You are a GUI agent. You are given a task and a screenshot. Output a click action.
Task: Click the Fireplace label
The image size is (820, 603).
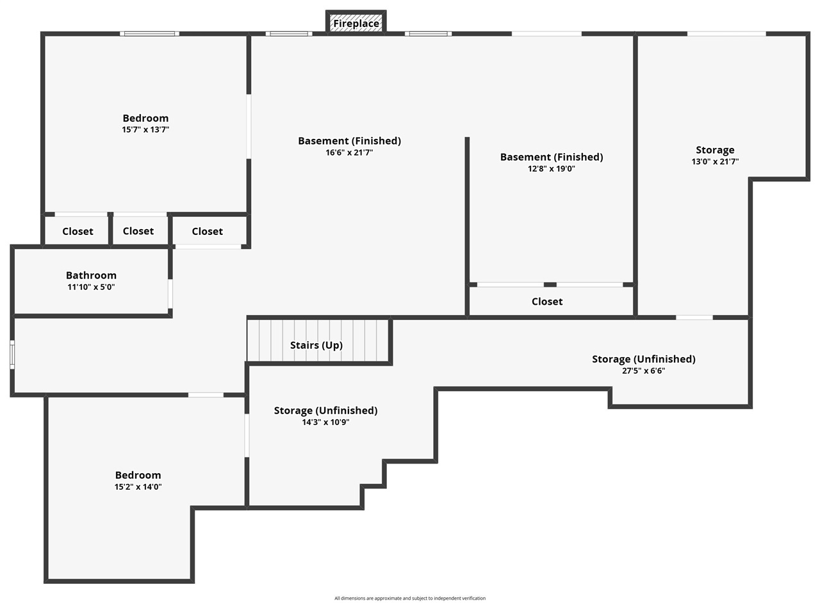point(356,24)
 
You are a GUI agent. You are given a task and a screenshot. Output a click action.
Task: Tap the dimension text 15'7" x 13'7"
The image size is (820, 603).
point(145,129)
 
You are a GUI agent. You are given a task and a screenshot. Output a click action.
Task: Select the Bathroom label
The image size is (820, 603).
point(91,275)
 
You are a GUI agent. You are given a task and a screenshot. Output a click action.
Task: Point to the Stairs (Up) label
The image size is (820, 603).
point(316,345)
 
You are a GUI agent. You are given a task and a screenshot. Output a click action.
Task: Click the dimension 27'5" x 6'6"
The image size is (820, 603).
point(644,371)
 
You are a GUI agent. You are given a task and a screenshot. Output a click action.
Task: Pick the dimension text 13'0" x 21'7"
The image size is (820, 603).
point(715,161)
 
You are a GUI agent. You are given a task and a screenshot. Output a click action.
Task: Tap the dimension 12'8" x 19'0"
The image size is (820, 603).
point(552,169)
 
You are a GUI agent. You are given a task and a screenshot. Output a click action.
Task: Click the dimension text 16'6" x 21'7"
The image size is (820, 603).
point(349,152)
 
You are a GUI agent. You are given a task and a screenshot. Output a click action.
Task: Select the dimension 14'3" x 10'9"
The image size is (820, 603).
point(325,422)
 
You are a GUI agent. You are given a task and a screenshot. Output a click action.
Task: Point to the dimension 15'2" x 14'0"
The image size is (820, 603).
point(138,486)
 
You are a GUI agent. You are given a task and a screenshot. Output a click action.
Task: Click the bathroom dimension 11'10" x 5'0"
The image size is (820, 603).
point(91,287)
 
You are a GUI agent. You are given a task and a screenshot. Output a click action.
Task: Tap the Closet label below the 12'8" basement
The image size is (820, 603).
point(547,301)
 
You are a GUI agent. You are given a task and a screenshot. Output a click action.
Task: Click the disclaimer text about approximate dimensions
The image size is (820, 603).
point(410,599)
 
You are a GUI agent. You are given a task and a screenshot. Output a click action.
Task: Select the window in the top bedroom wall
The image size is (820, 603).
point(149,34)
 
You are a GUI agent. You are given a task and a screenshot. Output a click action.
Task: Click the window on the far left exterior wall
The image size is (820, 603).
point(12,355)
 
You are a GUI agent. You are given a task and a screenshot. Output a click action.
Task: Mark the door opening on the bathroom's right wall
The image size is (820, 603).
point(170,294)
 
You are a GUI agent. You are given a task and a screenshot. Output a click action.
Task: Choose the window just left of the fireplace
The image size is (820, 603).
point(289,34)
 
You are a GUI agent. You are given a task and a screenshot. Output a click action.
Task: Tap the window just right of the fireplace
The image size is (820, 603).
point(428,34)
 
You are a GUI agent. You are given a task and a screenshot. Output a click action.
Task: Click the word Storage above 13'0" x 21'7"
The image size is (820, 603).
point(715,150)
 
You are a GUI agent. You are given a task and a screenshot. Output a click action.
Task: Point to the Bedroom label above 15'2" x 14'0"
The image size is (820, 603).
point(138,475)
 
